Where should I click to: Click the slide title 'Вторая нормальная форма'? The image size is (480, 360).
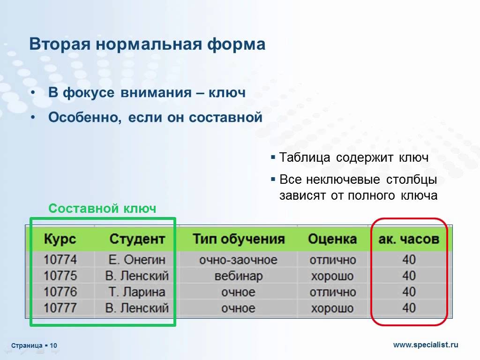[x=147, y=44]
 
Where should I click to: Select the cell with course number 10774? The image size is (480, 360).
[x=60, y=260]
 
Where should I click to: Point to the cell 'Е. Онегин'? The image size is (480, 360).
[x=137, y=260]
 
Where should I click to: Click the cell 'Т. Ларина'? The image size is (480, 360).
[x=137, y=292]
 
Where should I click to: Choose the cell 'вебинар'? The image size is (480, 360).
[x=239, y=276]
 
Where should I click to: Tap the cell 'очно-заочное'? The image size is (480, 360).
[x=239, y=260]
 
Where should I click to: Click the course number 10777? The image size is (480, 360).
[x=60, y=307]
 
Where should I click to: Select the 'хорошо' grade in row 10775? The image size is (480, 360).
[x=332, y=276]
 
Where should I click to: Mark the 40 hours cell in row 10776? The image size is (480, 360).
[x=409, y=292]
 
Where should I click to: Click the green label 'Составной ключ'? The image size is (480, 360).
[x=102, y=209]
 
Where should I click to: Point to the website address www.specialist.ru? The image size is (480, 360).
[x=426, y=345]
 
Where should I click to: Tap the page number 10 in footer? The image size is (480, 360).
[x=53, y=345]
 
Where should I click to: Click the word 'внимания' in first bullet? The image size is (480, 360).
[x=156, y=92]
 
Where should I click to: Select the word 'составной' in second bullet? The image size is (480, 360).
[x=225, y=117]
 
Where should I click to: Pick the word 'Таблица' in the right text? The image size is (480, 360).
[x=305, y=157]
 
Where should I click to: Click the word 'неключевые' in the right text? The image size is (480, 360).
[x=343, y=180]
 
